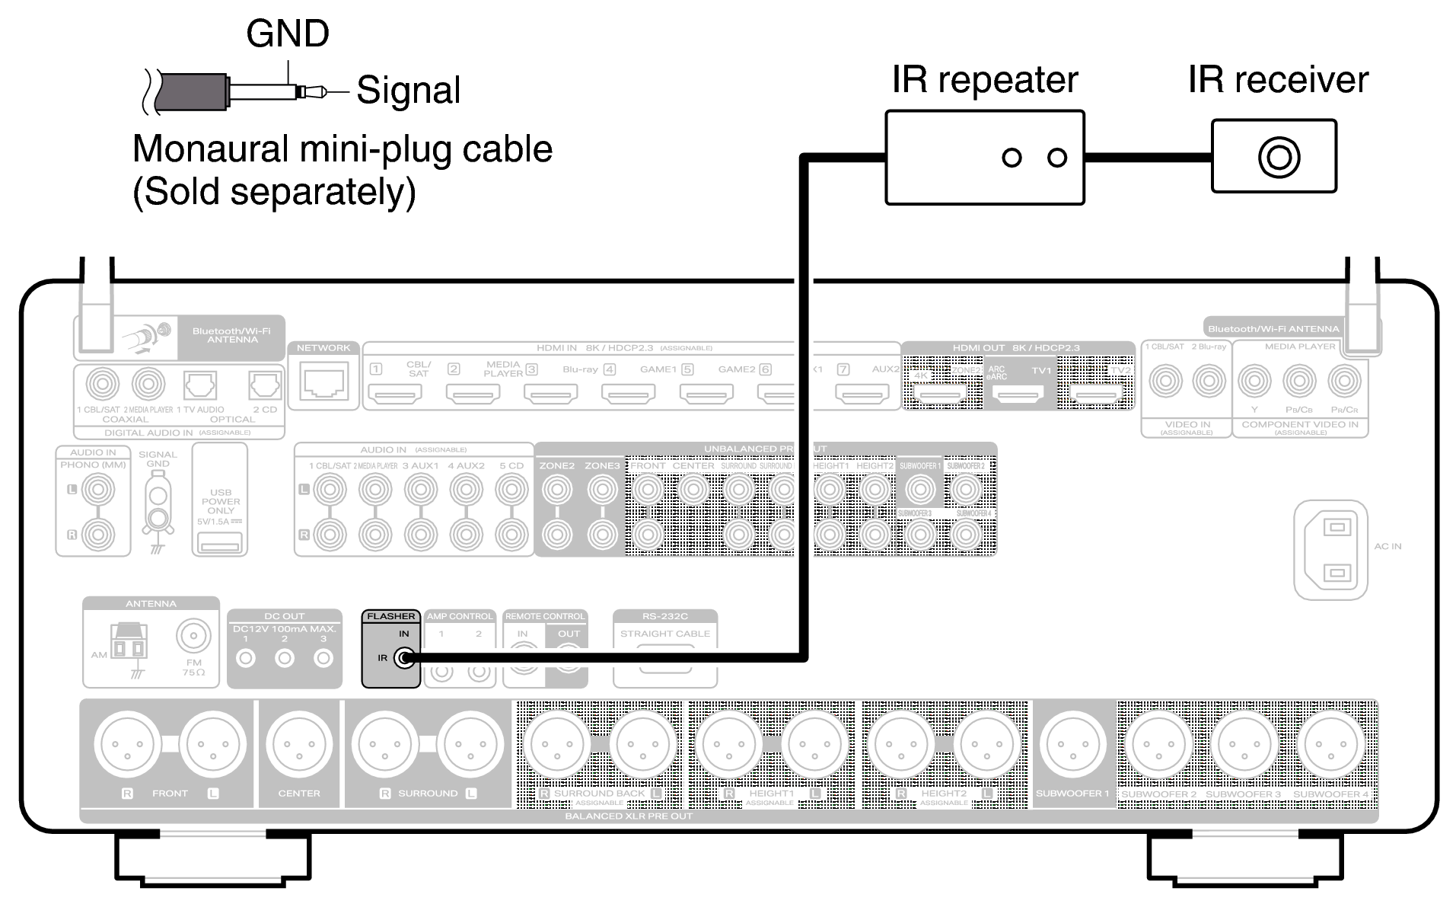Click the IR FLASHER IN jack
405,658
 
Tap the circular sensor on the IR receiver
1279,157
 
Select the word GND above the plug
288,34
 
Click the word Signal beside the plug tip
408,91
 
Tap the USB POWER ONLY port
220,543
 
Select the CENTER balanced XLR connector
298,745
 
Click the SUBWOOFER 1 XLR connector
1072,745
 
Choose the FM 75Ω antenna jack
193,635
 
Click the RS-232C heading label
664,616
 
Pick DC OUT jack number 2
285,658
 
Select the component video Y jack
1254,382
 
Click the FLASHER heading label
391,616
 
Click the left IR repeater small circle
1012,158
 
